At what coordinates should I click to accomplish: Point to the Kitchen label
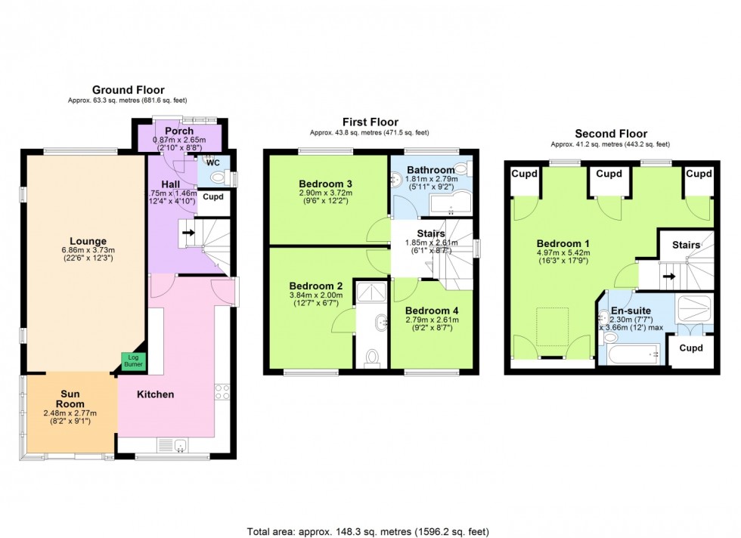coord(155,394)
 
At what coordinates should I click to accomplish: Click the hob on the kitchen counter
coord(222,391)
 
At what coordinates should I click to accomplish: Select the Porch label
coord(179,131)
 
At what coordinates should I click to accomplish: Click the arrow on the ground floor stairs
coord(188,233)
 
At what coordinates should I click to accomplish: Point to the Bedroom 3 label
coord(325,184)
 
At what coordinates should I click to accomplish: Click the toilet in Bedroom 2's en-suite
coord(371,357)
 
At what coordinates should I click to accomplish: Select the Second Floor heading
coord(609,133)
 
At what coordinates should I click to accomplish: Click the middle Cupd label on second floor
coord(609,174)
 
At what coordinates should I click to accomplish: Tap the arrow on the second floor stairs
coord(668,276)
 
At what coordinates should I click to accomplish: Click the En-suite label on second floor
coord(626,310)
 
